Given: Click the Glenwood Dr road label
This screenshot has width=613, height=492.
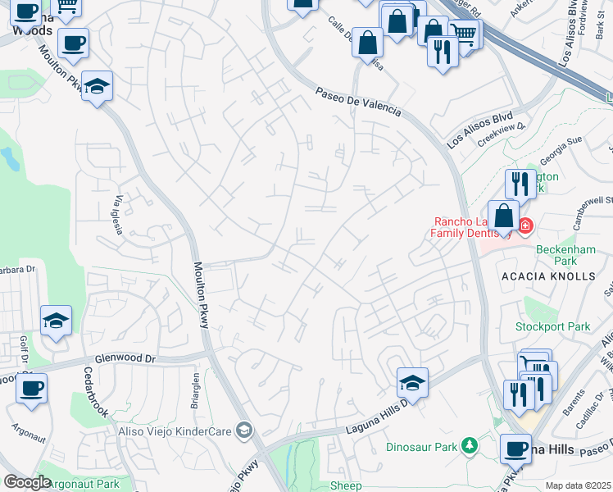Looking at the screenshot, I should coord(125,358).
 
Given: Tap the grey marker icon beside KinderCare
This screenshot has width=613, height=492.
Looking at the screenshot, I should coord(243,430).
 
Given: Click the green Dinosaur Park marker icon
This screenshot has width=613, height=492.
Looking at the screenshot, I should coord(469,446).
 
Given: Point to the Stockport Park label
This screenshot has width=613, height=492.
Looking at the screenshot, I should coord(552,326).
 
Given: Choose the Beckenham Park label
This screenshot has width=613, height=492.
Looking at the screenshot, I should coord(564,255).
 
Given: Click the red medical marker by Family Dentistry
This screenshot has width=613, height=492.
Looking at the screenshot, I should coord(524,225).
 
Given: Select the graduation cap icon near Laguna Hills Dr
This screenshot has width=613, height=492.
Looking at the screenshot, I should coord(413,381).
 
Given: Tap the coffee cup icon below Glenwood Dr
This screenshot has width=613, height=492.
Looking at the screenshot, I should coord(31,388).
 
